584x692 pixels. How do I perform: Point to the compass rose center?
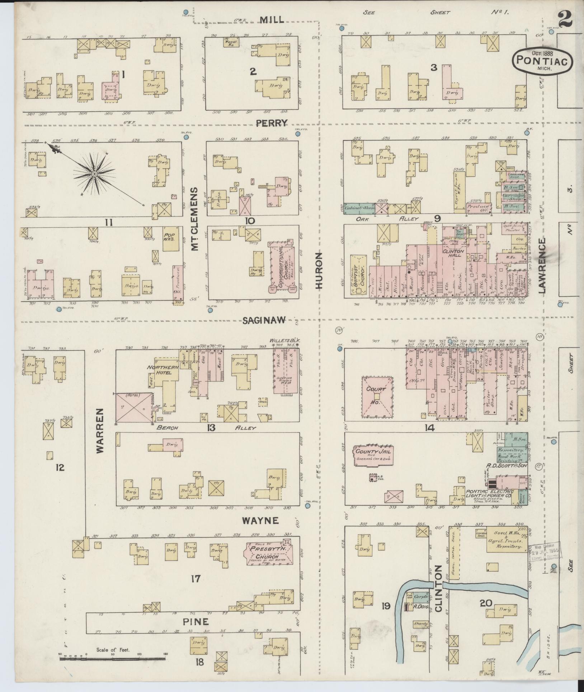click(94, 174)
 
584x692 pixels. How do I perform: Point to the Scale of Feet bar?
click(113, 659)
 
